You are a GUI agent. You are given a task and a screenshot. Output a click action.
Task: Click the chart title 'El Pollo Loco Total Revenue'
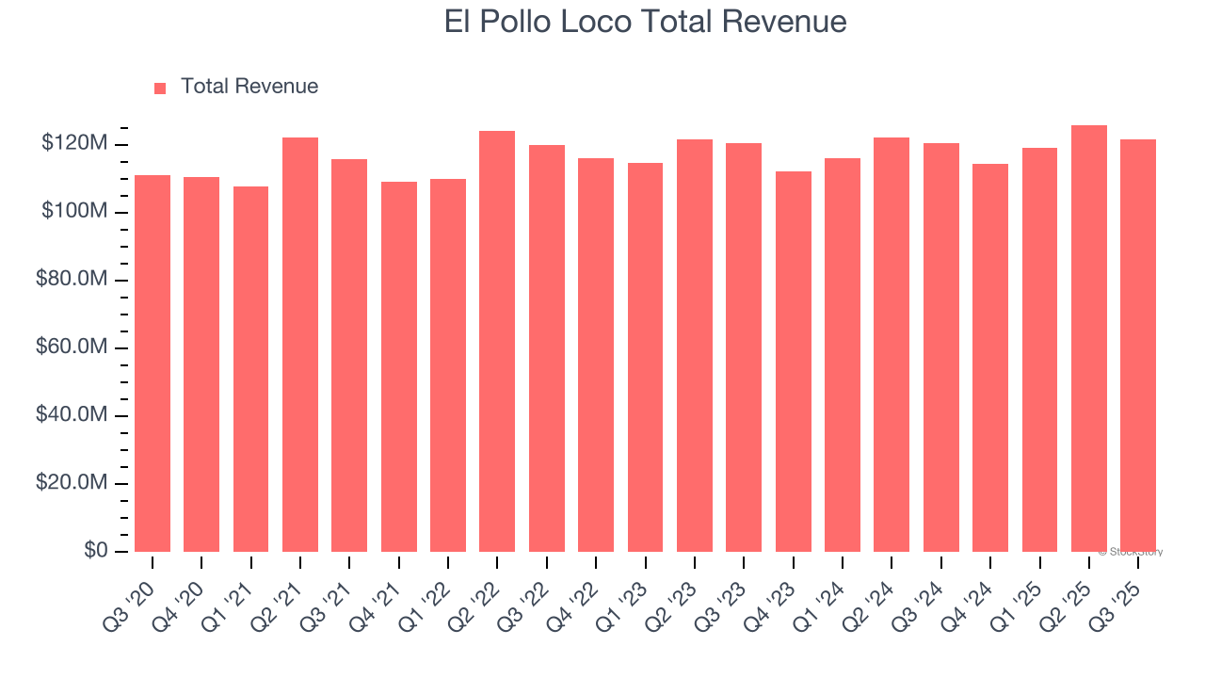645,23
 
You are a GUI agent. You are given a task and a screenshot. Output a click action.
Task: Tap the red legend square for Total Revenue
160,88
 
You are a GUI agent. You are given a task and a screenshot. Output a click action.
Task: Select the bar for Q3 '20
153,363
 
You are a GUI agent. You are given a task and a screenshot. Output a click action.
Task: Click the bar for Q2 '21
300,344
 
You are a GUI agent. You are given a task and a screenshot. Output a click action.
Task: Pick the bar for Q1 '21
251,368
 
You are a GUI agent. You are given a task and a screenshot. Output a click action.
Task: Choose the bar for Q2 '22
497,341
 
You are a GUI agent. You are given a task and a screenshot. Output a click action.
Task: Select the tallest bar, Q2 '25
1088,338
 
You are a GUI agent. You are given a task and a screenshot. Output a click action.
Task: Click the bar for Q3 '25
1137,345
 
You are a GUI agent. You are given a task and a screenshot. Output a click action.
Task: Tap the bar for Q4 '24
990,357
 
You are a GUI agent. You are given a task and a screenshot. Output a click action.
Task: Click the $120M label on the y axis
74,144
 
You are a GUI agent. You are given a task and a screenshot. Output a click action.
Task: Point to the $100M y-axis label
74,212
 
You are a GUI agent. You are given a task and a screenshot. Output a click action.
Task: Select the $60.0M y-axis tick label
72,347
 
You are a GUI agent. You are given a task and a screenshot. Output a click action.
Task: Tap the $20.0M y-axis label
72,483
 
